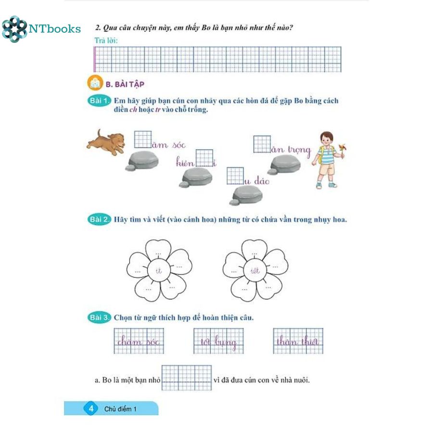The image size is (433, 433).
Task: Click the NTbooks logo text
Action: click(55, 29)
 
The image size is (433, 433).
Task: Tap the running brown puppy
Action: click(106, 142)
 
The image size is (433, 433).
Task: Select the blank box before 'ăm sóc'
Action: click(143, 140)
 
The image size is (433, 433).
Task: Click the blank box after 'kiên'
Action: click(204, 158)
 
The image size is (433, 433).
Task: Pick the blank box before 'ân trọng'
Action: click(262, 144)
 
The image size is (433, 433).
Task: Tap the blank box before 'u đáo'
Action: click(235, 176)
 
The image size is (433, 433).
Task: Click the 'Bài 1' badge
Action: click(99, 101)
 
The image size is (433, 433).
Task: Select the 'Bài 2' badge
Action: click(99, 219)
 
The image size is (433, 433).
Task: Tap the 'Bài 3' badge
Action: click(99, 318)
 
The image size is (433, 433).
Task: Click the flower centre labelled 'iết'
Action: click(255, 270)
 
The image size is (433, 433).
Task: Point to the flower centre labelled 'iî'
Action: click(159, 270)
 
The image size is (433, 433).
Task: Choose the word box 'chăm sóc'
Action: click(139, 341)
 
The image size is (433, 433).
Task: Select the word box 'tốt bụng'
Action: click(218, 341)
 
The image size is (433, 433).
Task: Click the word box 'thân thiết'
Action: click(298, 341)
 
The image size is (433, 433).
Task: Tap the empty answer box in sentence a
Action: click(186, 378)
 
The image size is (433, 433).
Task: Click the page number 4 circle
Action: click(91, 408)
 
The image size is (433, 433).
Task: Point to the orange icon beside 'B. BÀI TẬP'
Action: click(95, 83)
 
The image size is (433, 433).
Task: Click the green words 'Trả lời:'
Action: click(106, 40)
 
